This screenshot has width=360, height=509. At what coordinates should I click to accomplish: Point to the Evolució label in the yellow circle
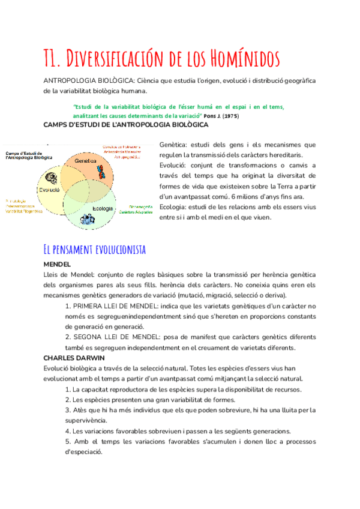coord(50,189)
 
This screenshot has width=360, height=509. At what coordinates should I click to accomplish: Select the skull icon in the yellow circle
coord(51,178)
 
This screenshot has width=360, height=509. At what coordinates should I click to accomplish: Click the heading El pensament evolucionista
coord(95,249)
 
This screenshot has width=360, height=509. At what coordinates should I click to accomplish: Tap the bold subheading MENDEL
coord(58,264)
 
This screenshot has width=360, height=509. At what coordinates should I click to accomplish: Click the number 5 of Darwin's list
coord(67,441)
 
